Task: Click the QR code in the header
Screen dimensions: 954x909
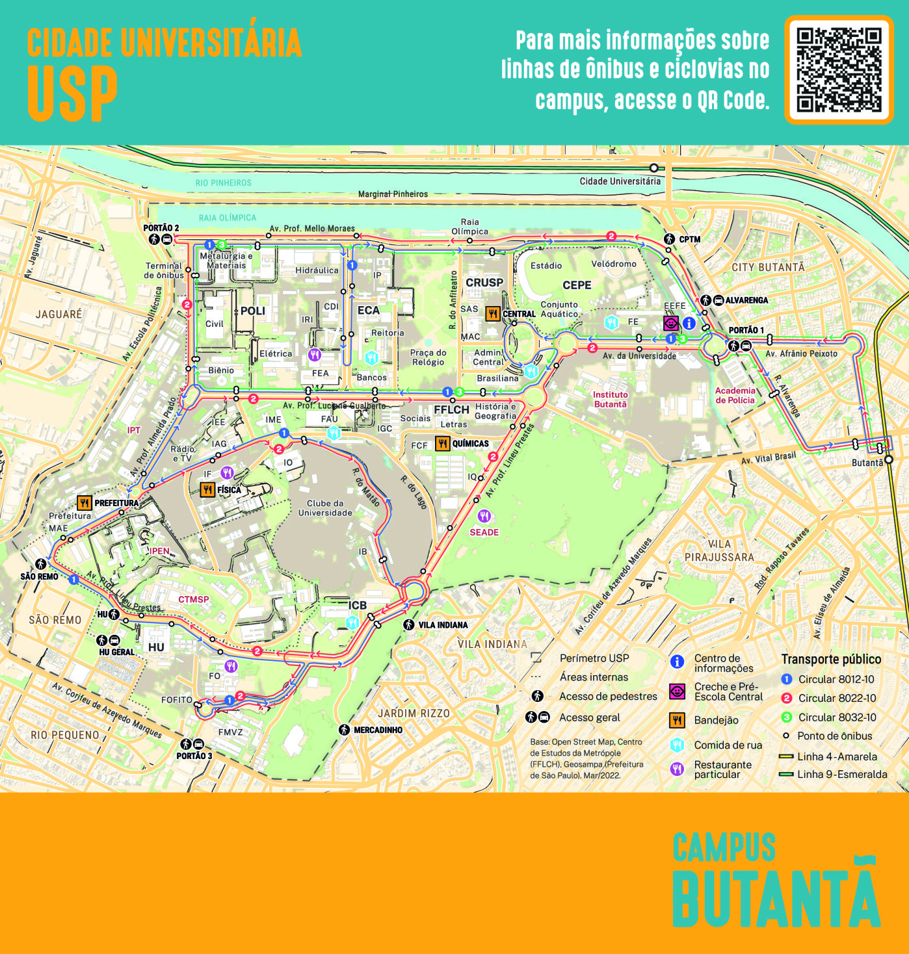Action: pos(839,70)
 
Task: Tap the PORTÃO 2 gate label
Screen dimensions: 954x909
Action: pos(161,228)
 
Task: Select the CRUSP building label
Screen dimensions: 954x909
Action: pos(484,283)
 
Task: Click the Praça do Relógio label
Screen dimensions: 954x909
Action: pos(428,357)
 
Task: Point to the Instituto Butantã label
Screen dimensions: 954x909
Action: pos(610,399)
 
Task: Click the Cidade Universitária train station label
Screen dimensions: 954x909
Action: pos(620,181)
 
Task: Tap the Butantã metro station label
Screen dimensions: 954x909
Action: pos(867,463)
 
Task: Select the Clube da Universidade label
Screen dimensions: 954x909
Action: pos(325,508)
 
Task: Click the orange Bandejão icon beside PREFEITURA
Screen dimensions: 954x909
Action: pos(85,503)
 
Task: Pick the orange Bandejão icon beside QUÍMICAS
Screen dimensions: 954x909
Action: pos(443,444)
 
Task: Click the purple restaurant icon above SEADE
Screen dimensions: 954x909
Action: pos(484,516)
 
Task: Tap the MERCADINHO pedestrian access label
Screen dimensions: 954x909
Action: pos(377,730)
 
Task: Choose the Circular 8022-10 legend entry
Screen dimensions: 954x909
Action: pos(837,698)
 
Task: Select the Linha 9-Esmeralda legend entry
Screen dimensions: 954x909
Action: pos(841,774)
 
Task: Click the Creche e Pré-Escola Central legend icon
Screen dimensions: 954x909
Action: pos(677,691)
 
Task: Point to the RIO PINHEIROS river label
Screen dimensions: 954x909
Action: pos(223,183)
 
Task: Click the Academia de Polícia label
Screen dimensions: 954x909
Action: pos(735,395)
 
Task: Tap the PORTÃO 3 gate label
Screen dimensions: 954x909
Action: pos(194,756)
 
